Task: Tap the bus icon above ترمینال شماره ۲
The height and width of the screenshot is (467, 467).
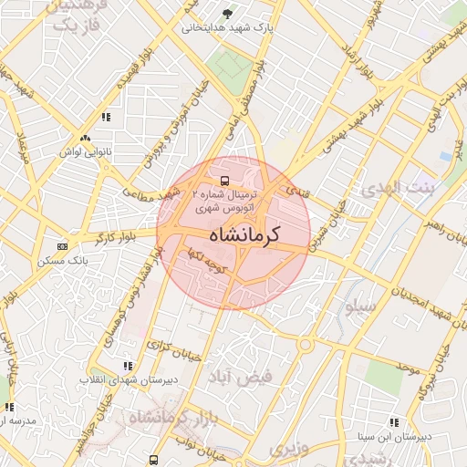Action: [225, 180]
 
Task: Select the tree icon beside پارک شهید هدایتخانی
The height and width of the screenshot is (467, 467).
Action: [227, 14]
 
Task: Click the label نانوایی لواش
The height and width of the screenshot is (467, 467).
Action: [87, 151]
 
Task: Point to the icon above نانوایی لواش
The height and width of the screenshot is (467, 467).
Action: [86, 138]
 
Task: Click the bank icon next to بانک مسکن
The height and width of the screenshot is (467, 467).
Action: [61, 246]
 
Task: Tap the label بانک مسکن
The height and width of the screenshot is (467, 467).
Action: [64, 260]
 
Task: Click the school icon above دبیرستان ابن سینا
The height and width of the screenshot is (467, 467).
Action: [394, 422]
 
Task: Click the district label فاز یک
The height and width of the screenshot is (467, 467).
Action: [74, 26]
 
